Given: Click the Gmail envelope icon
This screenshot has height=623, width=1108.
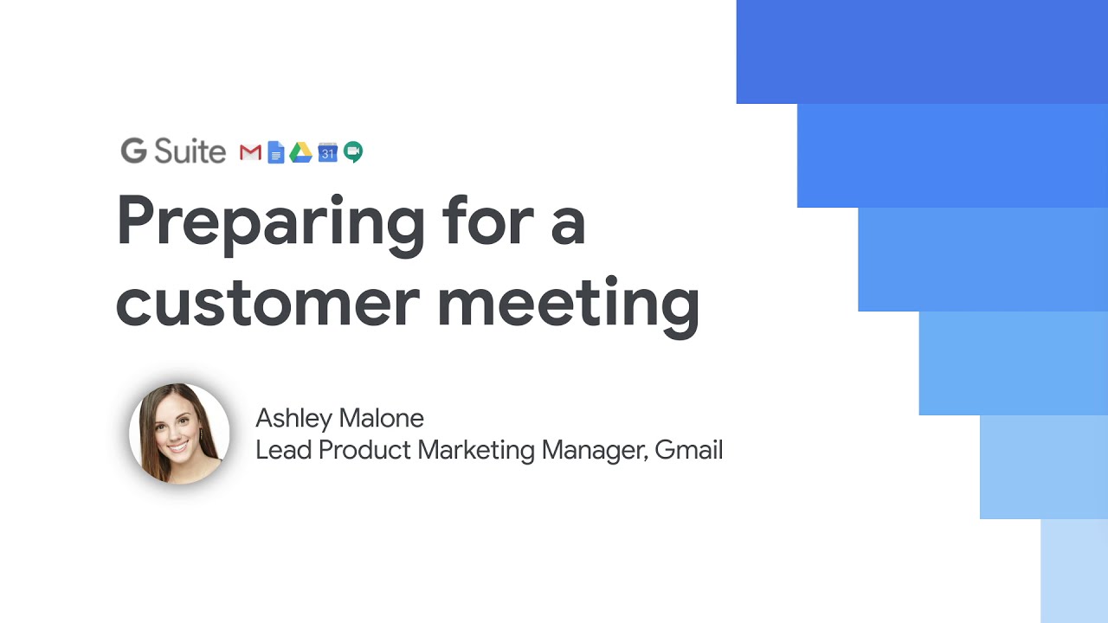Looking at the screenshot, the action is (x=250, y=152).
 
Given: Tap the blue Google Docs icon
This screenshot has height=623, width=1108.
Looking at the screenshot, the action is (x=276, y=151).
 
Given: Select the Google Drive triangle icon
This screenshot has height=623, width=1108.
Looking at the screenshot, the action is (x=300, y=152).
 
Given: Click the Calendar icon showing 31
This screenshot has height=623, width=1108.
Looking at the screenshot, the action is (x=327, y=152).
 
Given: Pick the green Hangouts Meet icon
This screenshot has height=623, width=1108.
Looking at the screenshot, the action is (x=353, y=151).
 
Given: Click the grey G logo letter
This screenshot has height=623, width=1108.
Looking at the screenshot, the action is (x=134, y=151).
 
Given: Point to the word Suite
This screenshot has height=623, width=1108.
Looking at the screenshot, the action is (x=190, y=151).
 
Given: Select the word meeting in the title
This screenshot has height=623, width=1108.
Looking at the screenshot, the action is (x=569, y=307).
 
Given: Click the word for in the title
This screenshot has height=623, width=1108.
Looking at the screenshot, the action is (x=488, y=220).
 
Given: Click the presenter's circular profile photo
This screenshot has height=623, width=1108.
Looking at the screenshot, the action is (x=179, y=434).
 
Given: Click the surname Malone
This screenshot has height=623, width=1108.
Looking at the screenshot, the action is (x=382, y=418).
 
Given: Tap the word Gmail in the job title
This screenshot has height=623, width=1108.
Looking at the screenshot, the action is (x=688, y=450).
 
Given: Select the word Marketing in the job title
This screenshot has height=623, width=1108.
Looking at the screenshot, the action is (x=476, y=451).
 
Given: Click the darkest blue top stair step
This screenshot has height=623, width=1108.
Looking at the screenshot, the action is (x=922, y=52).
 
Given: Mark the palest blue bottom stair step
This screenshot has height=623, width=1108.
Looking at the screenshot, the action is (x=1074, y=571).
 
